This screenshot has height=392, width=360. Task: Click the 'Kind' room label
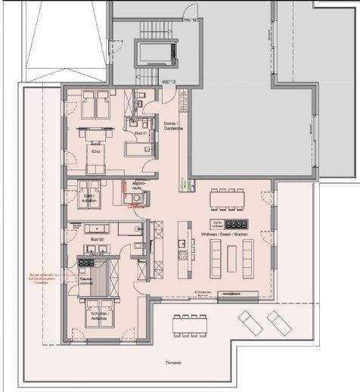coord(95,151)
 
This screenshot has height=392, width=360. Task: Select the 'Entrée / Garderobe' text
coord(173,126)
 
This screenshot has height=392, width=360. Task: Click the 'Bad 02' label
coord(96,238)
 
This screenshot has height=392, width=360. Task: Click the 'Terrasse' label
coord(174,363)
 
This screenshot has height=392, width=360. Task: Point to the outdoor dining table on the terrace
coord(185,325)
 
